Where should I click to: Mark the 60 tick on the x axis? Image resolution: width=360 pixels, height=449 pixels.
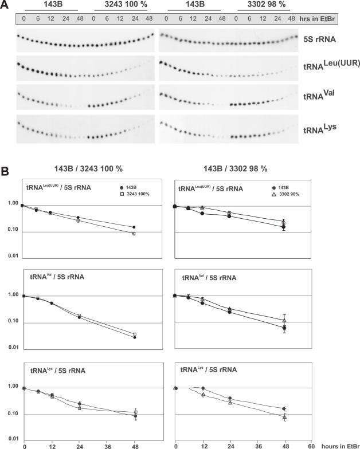pos(311,444)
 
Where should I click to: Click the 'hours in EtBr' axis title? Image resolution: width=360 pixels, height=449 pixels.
pos(339,444)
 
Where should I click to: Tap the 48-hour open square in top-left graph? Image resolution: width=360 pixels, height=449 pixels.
pos(134,234)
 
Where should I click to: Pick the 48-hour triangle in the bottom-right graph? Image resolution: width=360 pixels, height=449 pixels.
pos(285,417)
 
